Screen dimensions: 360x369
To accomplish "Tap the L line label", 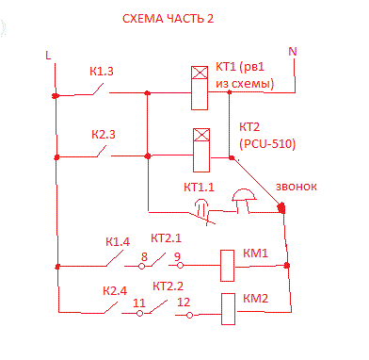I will pos(48,55).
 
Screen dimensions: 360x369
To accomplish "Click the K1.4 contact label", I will pos(118,242).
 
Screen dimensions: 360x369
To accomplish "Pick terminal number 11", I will pos(138,303).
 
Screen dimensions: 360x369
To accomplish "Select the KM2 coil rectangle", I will pos(228,306).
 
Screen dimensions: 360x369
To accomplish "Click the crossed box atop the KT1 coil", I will pos(201,73).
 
